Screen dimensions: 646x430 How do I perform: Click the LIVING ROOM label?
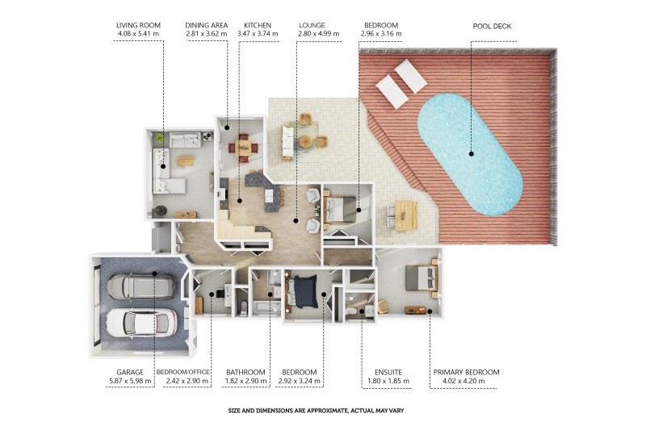tap(138, 26)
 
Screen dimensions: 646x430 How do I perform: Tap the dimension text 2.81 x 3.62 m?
tap(206, 34)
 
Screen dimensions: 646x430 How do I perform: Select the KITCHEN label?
tap(258, 26)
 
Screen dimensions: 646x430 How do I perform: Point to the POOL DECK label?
tap(492, 27)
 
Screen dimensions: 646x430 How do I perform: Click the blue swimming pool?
tap(470, 154)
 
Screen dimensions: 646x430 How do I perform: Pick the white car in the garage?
tap(141, 322)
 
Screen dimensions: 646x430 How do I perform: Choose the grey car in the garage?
tap(141, 286)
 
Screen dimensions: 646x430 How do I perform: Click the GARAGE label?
tap(130, 373)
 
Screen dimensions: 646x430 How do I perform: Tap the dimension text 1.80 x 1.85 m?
tap(388, 381)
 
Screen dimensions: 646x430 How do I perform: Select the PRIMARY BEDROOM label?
tap(466, 373)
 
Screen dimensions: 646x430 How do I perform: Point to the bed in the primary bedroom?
tap(421, 278)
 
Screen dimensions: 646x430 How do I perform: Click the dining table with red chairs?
tap(243, 147)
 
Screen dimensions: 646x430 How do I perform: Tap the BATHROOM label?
tap(245, 373)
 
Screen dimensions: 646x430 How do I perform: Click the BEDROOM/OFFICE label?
tap(183, 373)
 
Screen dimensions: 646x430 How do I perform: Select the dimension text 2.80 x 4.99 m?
tap(319, 34)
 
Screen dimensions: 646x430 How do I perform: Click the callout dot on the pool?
tap(472, 154)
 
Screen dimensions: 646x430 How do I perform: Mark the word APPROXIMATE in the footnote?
tap(323, 411)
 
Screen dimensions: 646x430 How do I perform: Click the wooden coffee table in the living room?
tap(185, 161)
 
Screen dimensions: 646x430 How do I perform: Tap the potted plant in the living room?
tap(159, 138)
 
